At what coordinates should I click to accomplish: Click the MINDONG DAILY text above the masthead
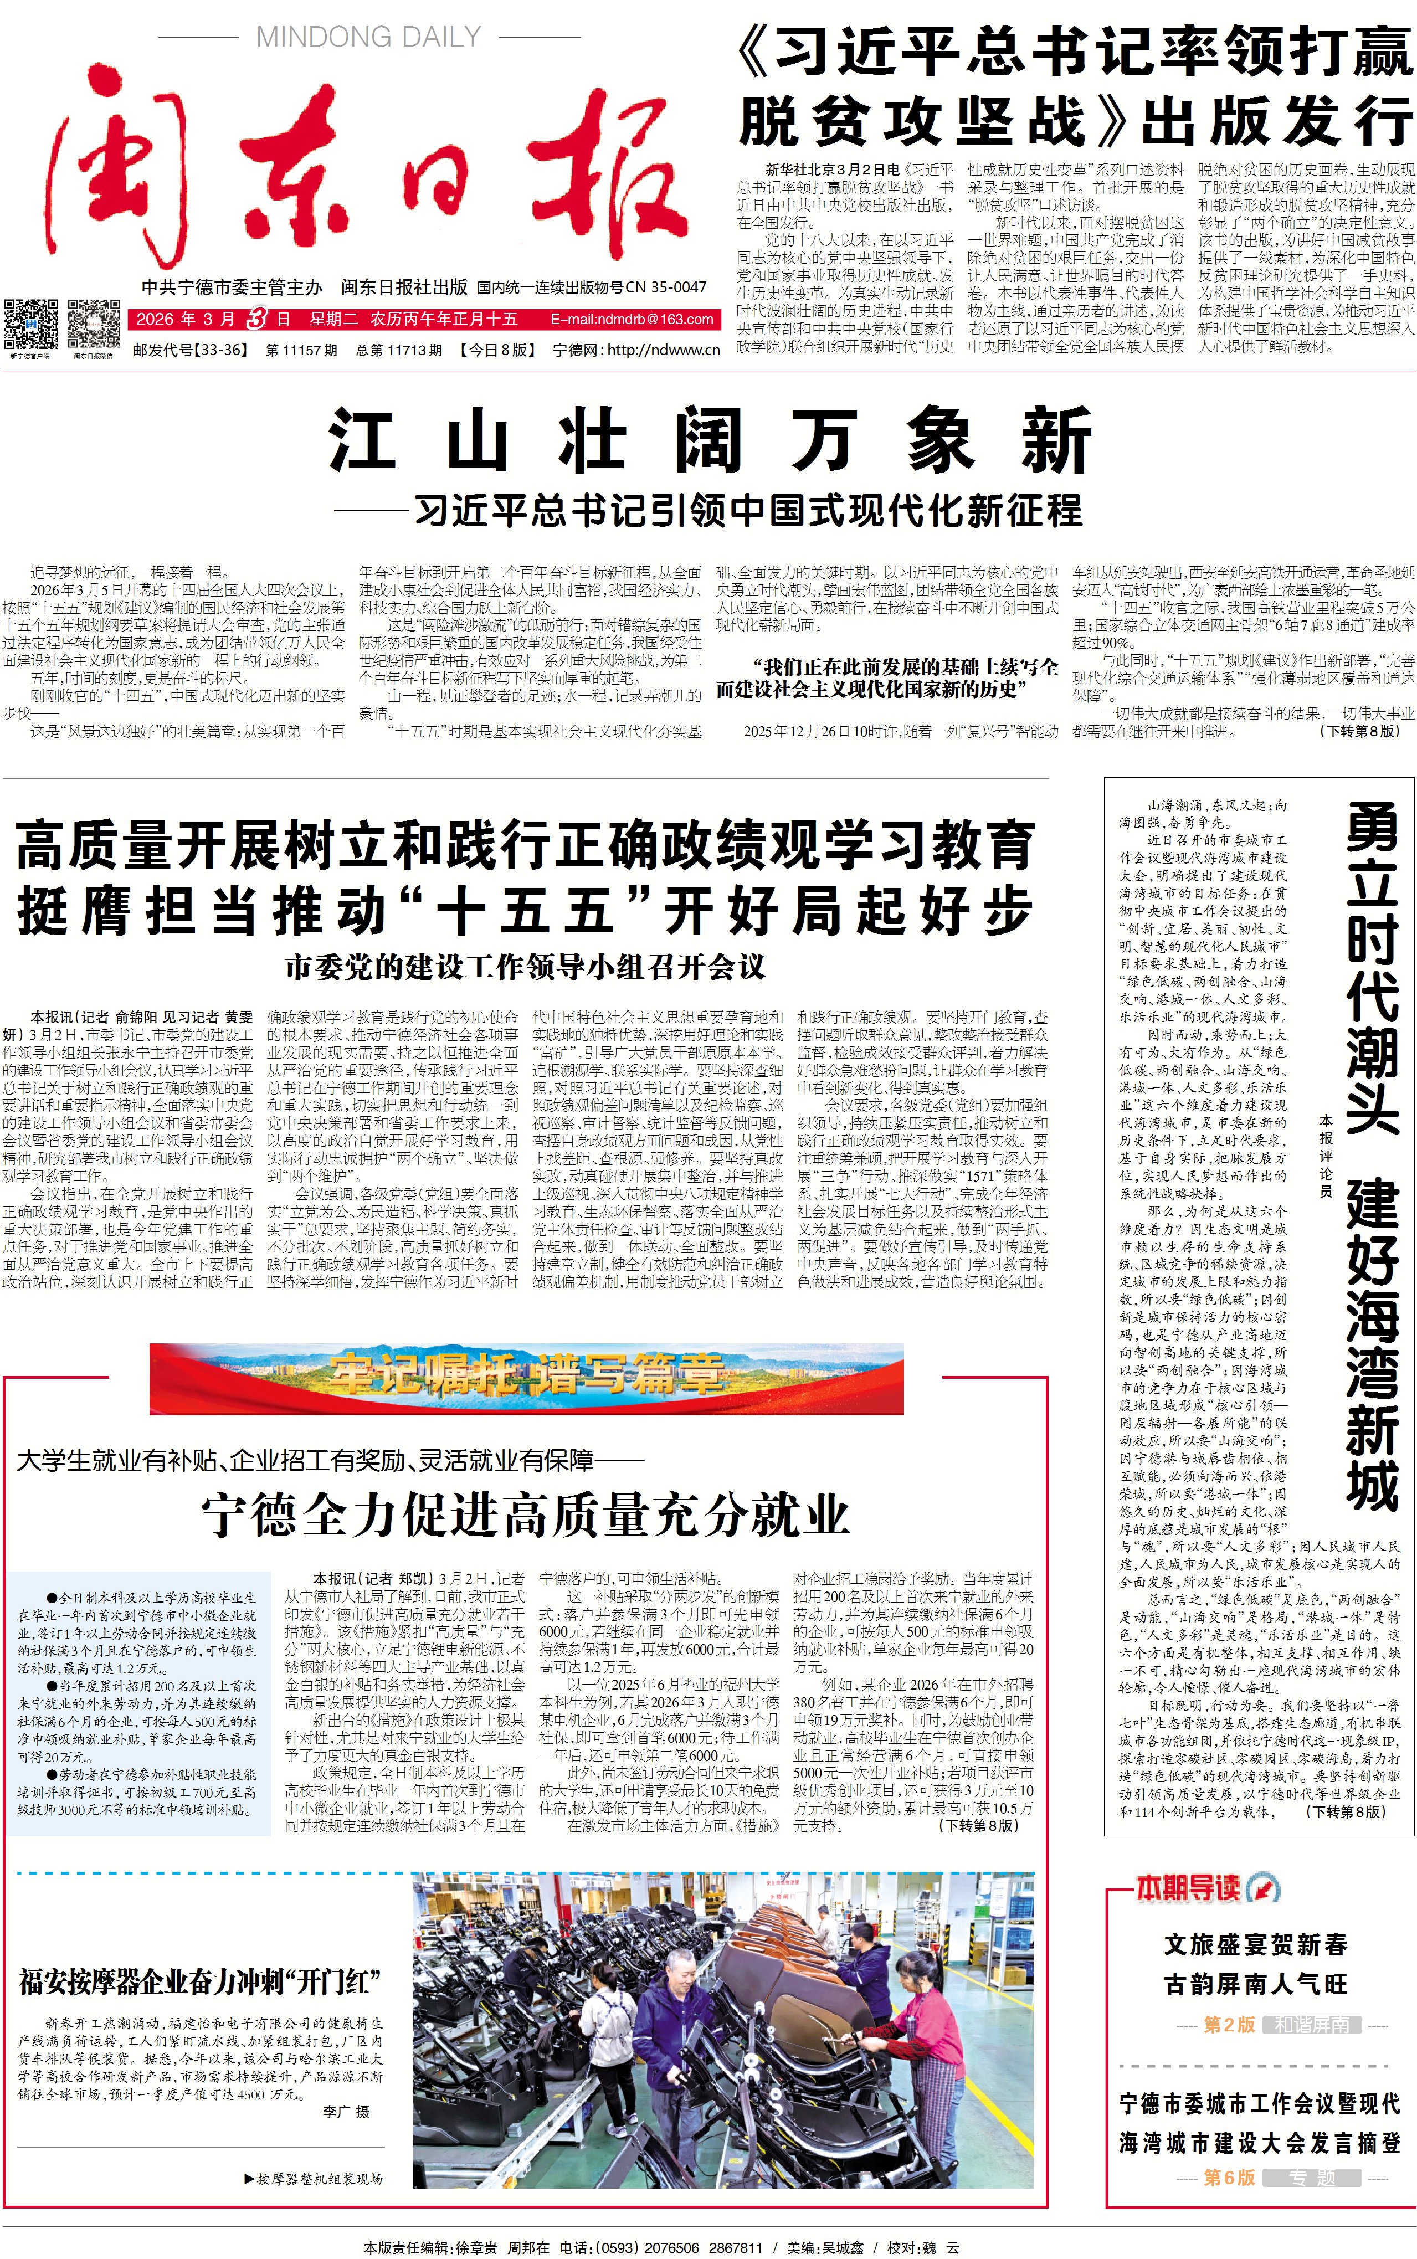(368, 38)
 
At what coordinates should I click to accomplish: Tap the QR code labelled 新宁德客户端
(30, 324)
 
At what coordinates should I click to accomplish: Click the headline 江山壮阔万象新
(710, 440)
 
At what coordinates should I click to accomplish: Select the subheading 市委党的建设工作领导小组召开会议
(525, 967)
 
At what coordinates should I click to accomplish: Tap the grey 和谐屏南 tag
(1311, 2025)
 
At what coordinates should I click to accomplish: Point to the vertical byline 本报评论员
(1325, 1156)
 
